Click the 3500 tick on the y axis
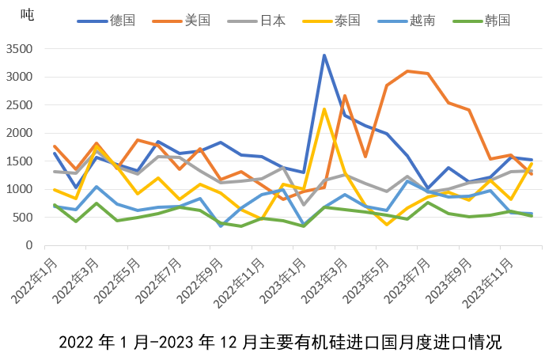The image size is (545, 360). (x=19, y=49)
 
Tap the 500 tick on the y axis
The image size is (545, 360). (x=22, y=218)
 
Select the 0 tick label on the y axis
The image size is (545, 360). (x=29, y=245)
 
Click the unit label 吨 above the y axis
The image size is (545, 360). (x=26, y=14)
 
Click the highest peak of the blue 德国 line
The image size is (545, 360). (x=324, y=55)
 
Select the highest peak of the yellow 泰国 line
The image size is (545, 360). (x=324, y=109)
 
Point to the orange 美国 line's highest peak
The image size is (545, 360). (x=407, y=71)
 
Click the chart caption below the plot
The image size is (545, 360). (x=280, y=343)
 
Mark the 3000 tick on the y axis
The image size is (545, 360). (x=19, y=77)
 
